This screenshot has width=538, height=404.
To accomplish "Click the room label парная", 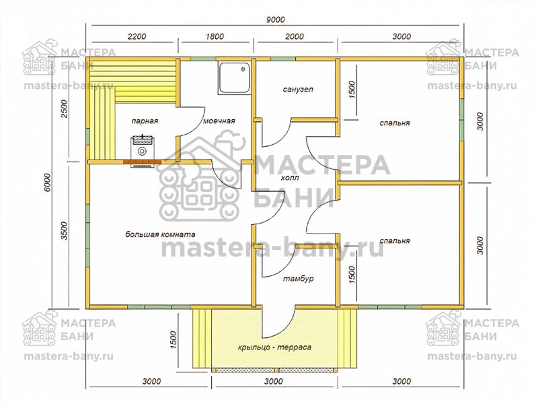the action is click(145, 121).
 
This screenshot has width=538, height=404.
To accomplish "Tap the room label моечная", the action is click(219, 121).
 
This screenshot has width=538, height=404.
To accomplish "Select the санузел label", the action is click(298, 90).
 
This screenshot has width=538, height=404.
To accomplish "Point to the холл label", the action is click(290, 178).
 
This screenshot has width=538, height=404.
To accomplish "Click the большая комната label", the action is click(160, 234).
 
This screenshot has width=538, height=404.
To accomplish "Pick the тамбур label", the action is click(298, 278).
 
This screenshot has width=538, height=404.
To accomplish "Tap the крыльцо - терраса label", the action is click(274, 347).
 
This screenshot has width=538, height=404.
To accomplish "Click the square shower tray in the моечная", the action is click(234, 78).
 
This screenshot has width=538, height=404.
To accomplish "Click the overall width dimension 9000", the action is click(276, 20).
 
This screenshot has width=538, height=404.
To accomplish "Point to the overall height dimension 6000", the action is click(47, 183).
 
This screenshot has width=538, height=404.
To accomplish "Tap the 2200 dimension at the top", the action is click(137, 36).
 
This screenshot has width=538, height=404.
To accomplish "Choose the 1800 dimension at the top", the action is click(215, 36).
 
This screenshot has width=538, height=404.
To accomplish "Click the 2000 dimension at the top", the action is click(295, 36).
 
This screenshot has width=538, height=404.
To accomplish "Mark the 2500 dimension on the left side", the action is click(65, 108).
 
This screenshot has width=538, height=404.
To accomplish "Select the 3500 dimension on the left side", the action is click(65, 231).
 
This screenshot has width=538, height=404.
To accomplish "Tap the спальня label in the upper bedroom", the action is click(395, 123).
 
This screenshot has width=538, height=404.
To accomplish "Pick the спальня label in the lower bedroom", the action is click(395, 240).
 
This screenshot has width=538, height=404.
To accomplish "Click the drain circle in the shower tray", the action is click(243, 69).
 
